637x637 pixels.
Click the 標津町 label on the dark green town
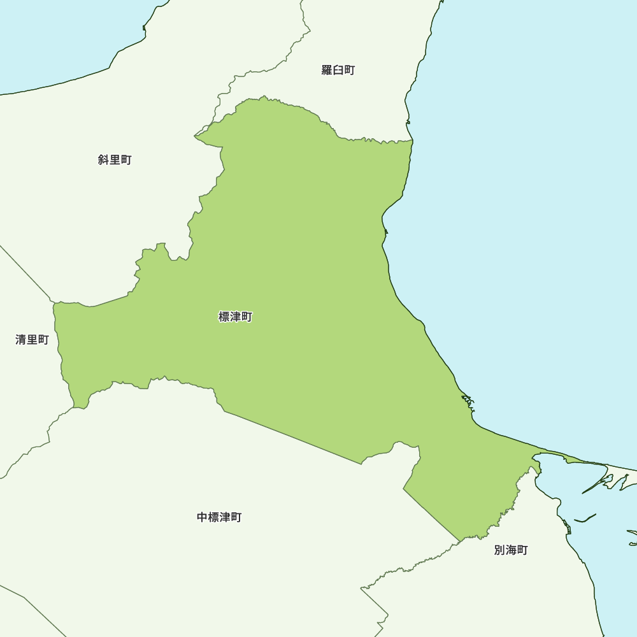pos(236,317)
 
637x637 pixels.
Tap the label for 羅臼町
pos(338,70)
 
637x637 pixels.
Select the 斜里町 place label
pos(115,160)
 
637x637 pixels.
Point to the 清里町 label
pos(32,340)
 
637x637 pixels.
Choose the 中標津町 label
pos(219,517)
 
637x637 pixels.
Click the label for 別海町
pos(511,550)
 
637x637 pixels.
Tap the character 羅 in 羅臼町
pos(327,70)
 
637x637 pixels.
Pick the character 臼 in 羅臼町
pos(338,70)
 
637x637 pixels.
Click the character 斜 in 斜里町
pos(104,160)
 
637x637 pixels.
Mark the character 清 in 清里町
pos(21,340)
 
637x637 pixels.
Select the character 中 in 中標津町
pos(203,517)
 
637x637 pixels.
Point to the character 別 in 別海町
pos(500,550)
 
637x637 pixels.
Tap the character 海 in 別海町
pos(512,550)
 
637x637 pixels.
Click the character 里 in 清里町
pos(32,340)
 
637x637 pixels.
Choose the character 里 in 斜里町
pos(115,160)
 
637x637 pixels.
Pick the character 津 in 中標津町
pos(225,517)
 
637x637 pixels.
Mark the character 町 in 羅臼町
pos(349,70)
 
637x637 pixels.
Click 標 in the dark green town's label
pos(224,317)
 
